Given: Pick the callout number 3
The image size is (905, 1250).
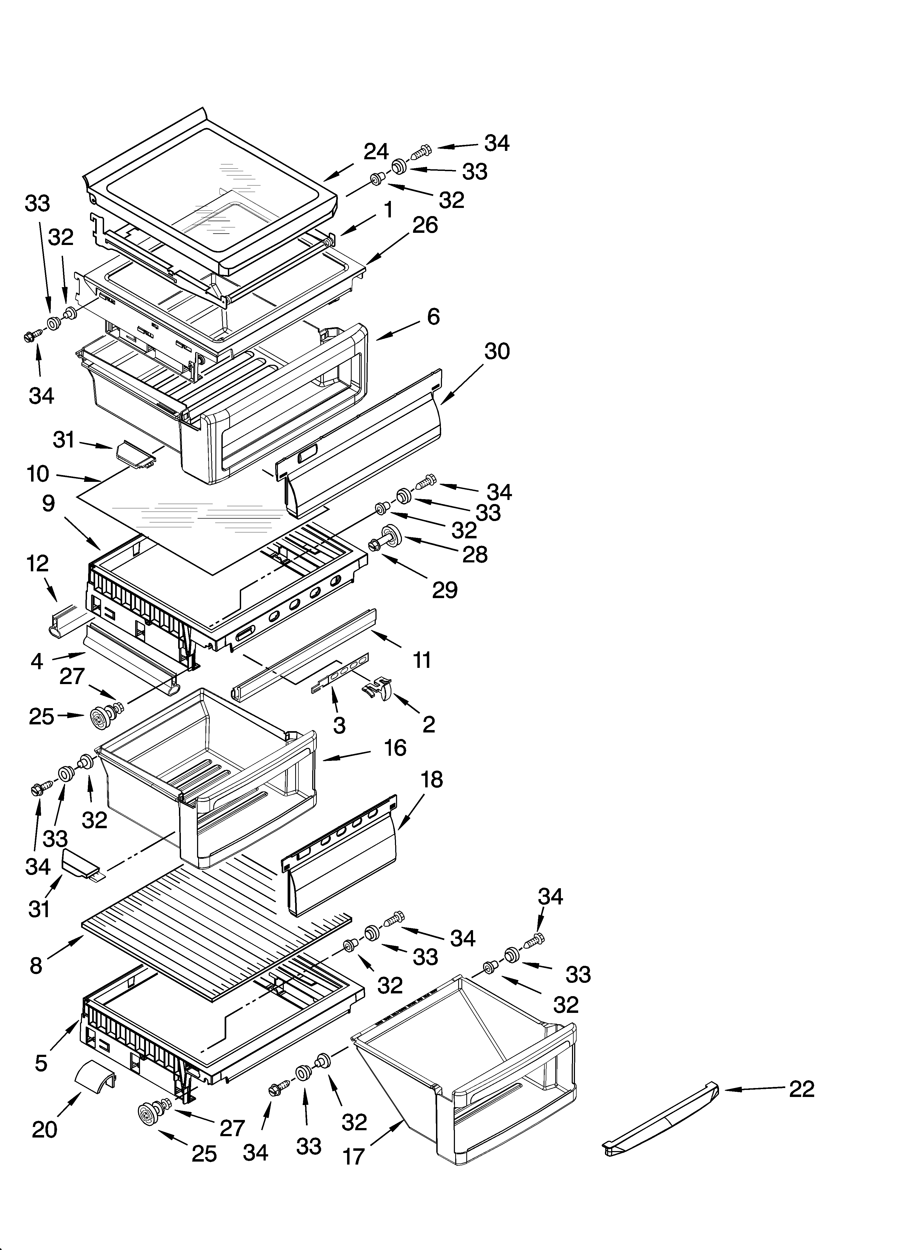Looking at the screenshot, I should pos(340,726).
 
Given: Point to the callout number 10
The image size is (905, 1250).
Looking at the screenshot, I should pos(38,474).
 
